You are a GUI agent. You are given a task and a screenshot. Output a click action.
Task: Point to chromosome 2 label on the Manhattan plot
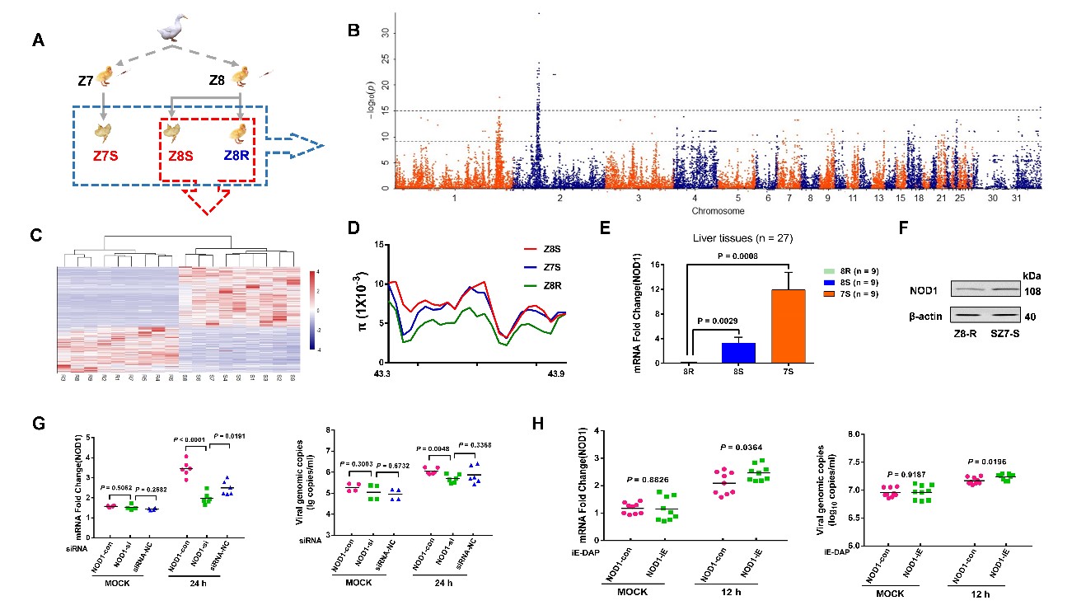pos(559,199)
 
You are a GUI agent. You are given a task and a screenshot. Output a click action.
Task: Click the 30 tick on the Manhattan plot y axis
pos(382,33)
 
